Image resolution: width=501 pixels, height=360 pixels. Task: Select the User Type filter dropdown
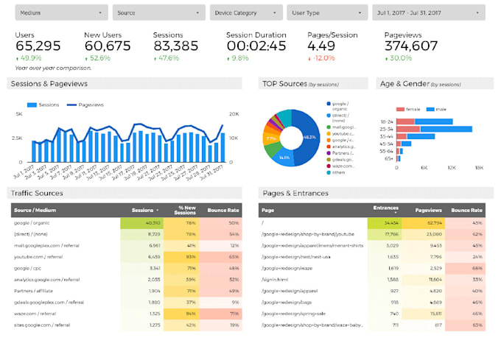(x=328, y=13)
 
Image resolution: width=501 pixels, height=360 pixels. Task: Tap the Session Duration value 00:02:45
(x=256, y=46)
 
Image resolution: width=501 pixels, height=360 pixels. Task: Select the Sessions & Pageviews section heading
(x=49, y=84)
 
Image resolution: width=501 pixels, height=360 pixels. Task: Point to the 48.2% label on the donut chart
(x=309, y=137)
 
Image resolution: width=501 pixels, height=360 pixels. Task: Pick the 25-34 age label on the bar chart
(x=386, y=129)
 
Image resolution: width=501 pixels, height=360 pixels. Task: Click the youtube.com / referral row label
(x=38, y=256)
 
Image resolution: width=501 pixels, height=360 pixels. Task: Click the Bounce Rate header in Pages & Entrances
(x=467, y=210)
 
